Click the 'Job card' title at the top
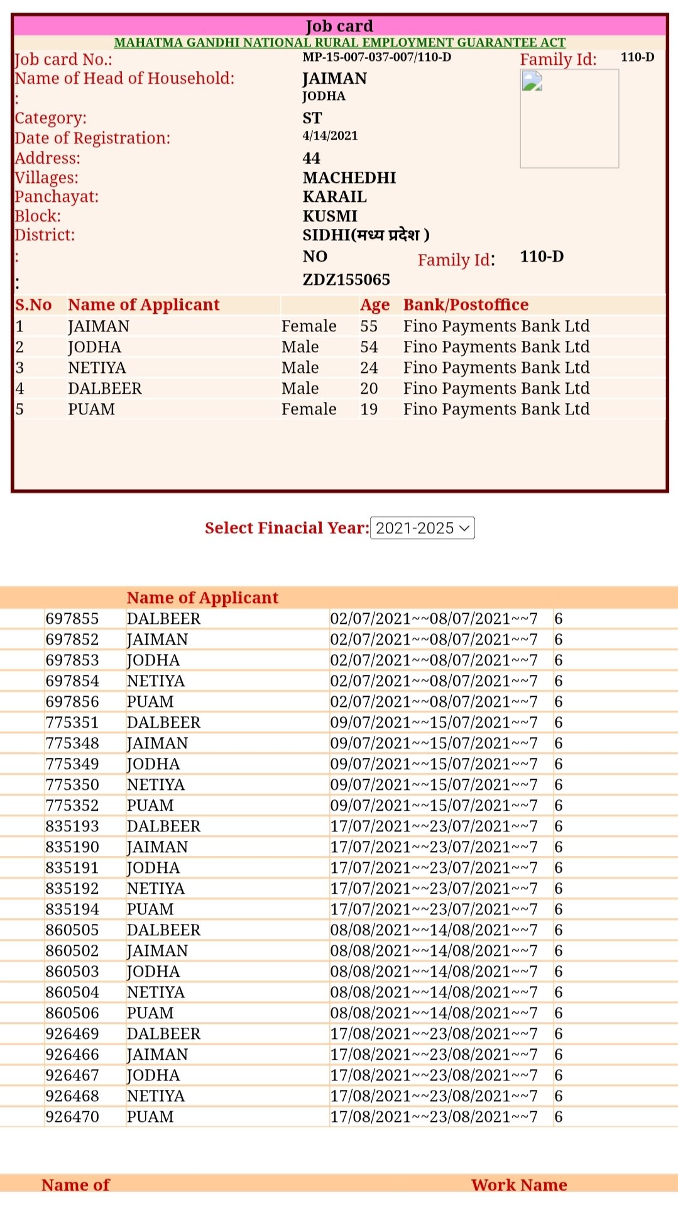pyautogui.click(x=339, y=26)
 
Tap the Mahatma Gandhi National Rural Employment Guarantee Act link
pyautogui.click(x=339, y=43)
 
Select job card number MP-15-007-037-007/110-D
pyautogui.click(x=376, y=57)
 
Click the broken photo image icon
pyautogui.click(x=532, y=82)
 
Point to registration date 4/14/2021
pyautogui.click(x=330, y=136)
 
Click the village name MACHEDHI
pyautogui.click(x=349, y=178)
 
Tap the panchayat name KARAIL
pyautogui.click(x=334, y=197)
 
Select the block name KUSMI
pyautogui.click(x=330, y=216)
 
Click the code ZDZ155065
pyautogui.click(x=346, y=280)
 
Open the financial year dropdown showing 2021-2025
pyautogui.click(x=422, y=528)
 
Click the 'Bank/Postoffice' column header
pyautogui.click(x=466, y=305)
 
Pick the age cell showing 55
pyautogui.click(x=369, y=326)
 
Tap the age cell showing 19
pyautogui.click(x=369, y=409)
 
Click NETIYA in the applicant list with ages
pyautogui.click(x=97, y=368)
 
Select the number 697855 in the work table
pyautogui.click(x=72, y=619)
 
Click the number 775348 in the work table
pyautogui.click(x=72, y=743)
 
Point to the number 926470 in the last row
pyautogui.click(x=72, y=1117)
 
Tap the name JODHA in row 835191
pyautogui.click(x=153, y=868)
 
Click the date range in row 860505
pyautogui.click(x=434, y=930)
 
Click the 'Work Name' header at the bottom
pyautogui.click(x=519, y=1185)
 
